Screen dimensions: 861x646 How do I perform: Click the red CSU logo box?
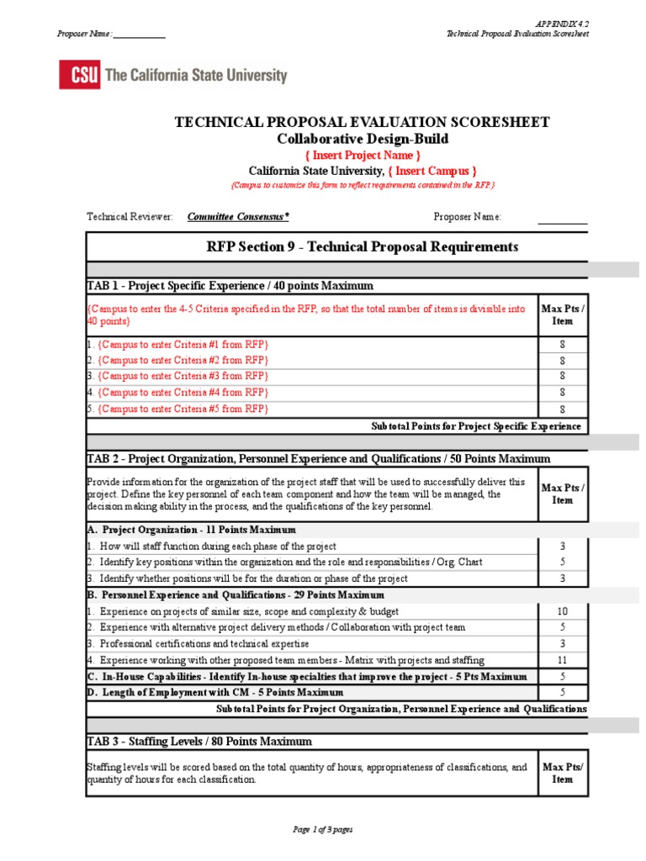coord(79,75)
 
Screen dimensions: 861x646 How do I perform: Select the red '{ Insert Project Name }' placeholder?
coord(362,155)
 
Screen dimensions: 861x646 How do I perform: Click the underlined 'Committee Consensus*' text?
coord(238,217)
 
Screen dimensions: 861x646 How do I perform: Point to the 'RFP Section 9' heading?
coord(362,246)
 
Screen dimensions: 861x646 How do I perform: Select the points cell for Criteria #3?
coord(562,377)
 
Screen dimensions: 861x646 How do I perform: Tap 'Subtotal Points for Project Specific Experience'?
coord(476,426)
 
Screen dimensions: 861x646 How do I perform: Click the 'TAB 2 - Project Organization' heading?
coord(318,459)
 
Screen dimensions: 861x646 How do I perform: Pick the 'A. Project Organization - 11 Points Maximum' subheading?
coord(191,531)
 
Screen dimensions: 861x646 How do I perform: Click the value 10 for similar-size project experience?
coord(562,611)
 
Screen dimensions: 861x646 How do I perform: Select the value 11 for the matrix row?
coord(562,660)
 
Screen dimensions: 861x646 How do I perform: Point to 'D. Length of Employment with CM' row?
coord(214,692)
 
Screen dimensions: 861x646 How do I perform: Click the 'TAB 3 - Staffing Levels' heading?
coord(199,742)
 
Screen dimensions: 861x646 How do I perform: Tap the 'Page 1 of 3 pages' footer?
coord(322,830)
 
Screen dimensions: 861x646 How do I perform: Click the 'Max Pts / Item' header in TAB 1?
coord(562,315)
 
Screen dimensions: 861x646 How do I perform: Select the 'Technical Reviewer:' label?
coord(130,217)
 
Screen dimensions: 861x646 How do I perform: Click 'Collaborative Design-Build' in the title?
coord(362,139)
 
